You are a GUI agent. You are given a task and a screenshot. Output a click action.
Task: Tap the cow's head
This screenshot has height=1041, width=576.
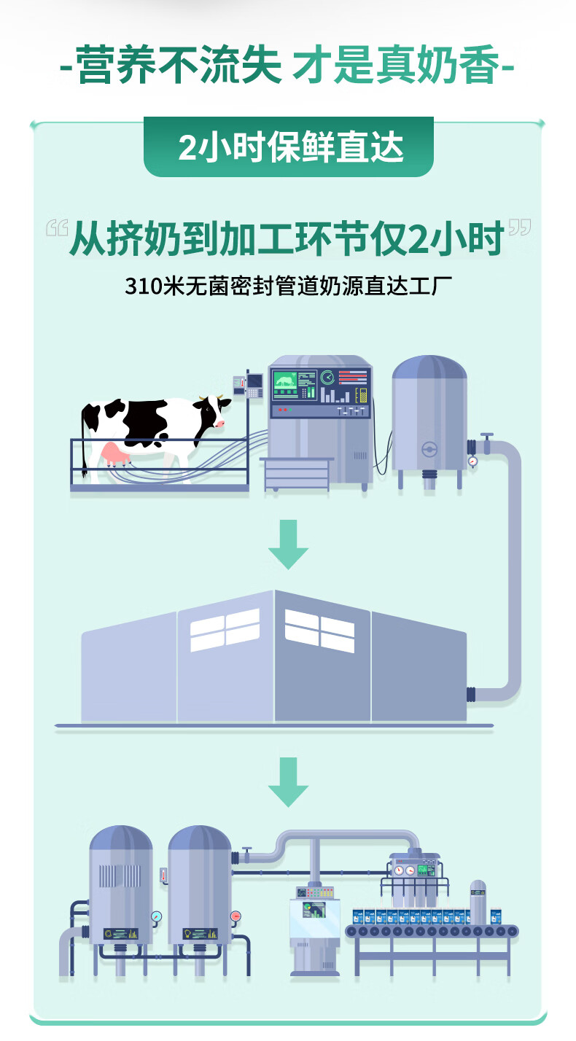coord(211,413)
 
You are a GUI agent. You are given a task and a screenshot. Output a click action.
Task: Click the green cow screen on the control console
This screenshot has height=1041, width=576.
coord(284,385)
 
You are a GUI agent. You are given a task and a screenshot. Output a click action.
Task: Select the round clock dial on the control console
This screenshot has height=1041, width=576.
coord(327,377)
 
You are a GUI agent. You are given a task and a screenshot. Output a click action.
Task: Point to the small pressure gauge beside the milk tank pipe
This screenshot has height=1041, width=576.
coord(473,461)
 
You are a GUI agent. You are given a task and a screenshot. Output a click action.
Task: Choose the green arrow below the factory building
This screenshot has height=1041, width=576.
coord(288,781)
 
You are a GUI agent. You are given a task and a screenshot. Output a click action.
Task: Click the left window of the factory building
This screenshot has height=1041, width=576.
coord(225,629)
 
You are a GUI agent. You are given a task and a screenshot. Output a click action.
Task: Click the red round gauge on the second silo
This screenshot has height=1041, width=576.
coord(236,916)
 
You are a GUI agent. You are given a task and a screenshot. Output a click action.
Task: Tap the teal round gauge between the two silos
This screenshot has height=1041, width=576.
coord(157,916)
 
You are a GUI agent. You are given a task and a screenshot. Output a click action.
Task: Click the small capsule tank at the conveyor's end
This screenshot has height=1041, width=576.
coord(478,902)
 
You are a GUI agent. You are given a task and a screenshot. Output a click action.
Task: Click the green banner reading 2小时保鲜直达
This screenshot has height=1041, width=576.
coord(289,148)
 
